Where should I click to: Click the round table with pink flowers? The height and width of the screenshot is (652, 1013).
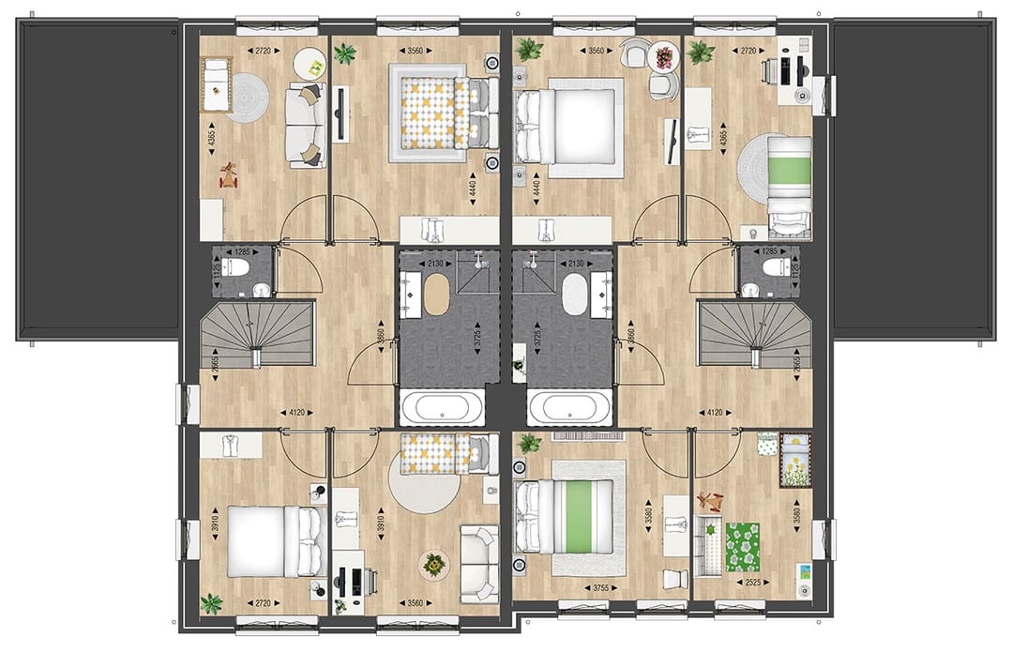pyautogui.click(x=664, y=56)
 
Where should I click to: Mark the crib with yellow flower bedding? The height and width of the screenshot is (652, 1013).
pyautogui.click(x=796, y=460)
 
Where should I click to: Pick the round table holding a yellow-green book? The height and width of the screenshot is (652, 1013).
pyautogui.click(x=310, y=64)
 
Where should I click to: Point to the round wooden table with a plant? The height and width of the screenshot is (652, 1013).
pyautogui.click(x=433, y=564)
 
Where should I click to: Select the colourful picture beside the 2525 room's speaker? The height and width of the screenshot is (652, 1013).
pyautogui.click(x=802, y=571)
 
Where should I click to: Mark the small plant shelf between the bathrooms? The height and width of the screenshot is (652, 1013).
pyautogui.click(x=517, y=357)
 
